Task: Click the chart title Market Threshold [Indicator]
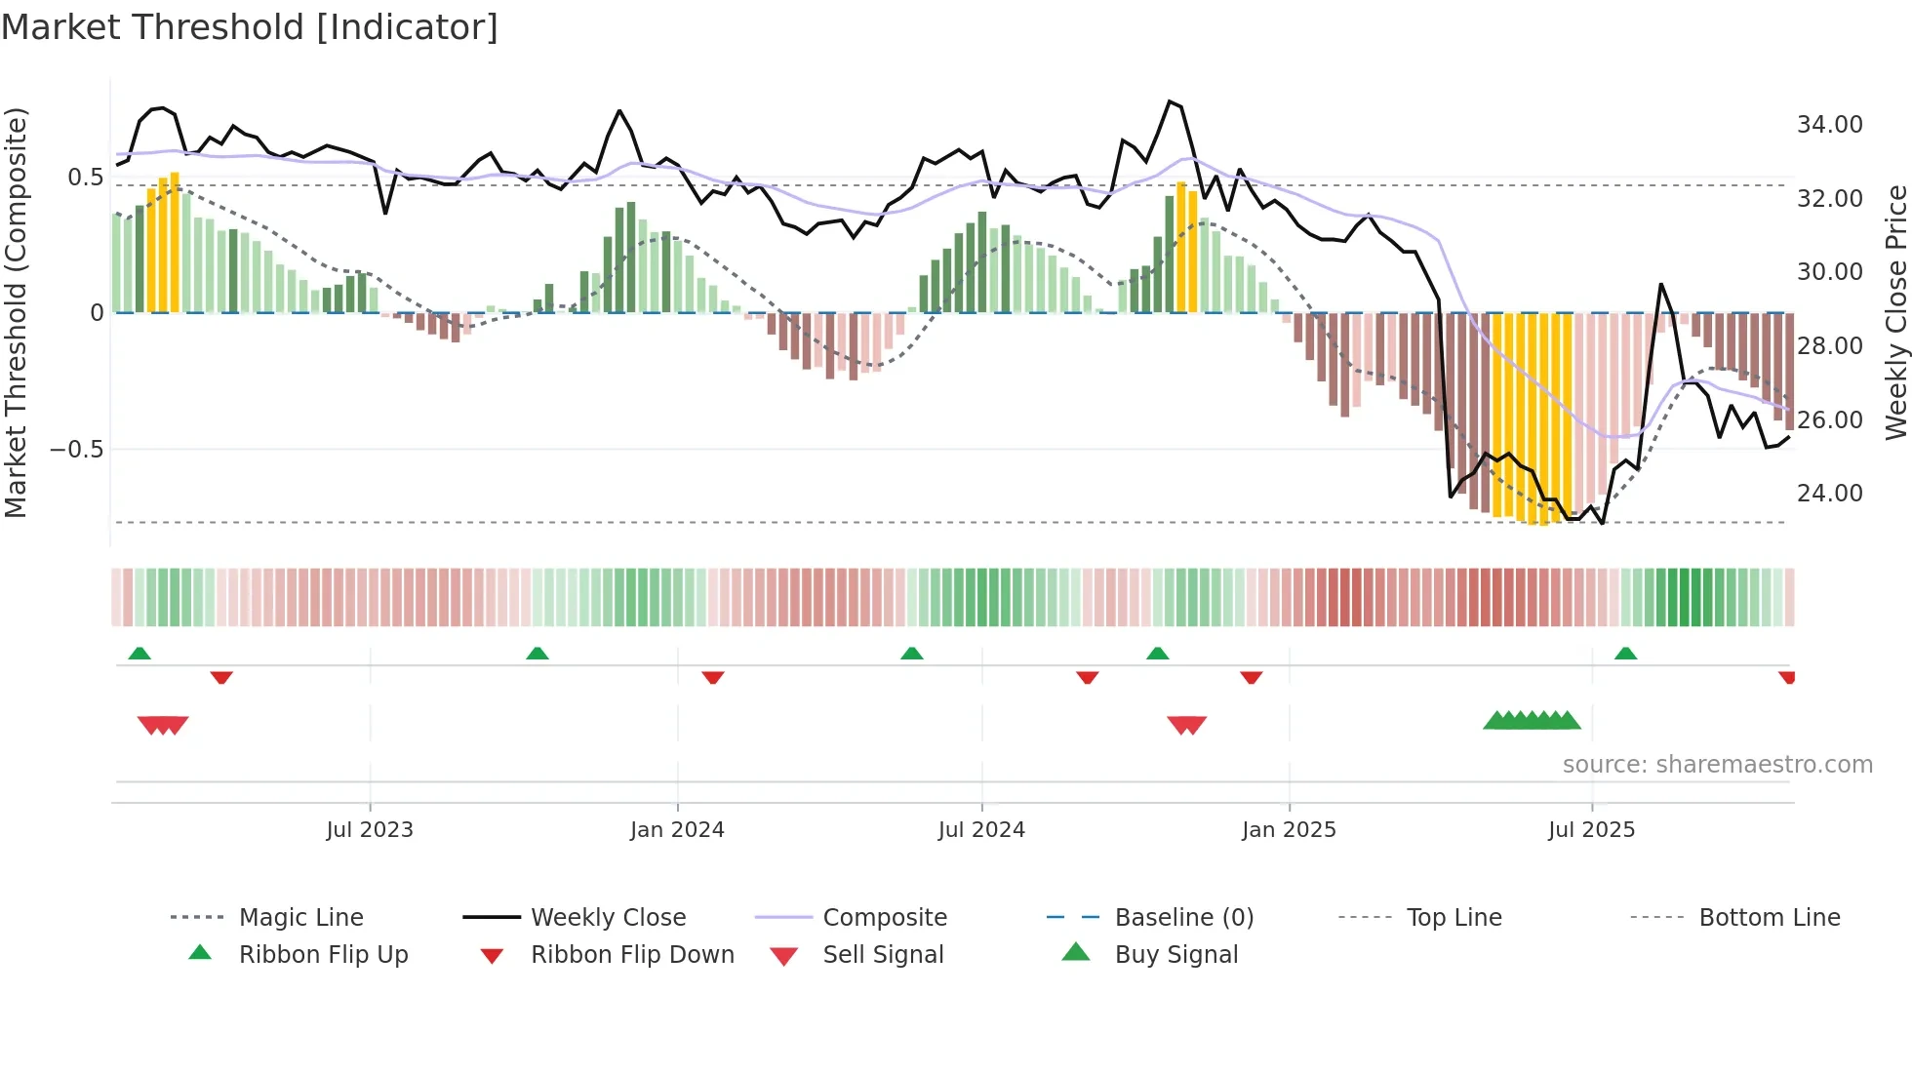point(250,27)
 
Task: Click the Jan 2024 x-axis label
point(677,829)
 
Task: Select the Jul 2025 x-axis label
point(1591,829)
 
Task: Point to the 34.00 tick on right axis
point(1829,125)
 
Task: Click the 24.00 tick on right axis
point(1829,494)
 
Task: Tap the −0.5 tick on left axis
point(76,450)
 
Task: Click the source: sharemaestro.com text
point(1717,764)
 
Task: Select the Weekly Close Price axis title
point(1895,312)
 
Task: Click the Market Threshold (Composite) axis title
point(16,312)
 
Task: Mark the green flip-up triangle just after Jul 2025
point(1625,654)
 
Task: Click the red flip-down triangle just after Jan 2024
point(713,677)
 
